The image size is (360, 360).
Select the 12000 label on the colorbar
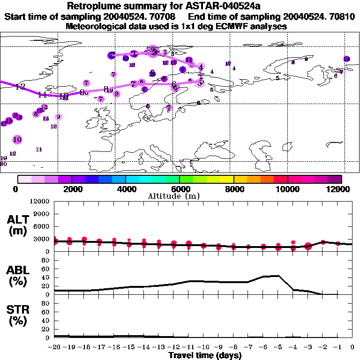(338, 189)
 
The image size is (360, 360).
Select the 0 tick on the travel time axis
(352, 347)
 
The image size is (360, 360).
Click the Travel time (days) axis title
(205, 356)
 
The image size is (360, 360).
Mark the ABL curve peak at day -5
(278, 276)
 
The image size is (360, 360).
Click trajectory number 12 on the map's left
(20, 87)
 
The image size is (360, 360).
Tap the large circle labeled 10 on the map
(17, 139)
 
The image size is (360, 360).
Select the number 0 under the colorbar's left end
(16, 189)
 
